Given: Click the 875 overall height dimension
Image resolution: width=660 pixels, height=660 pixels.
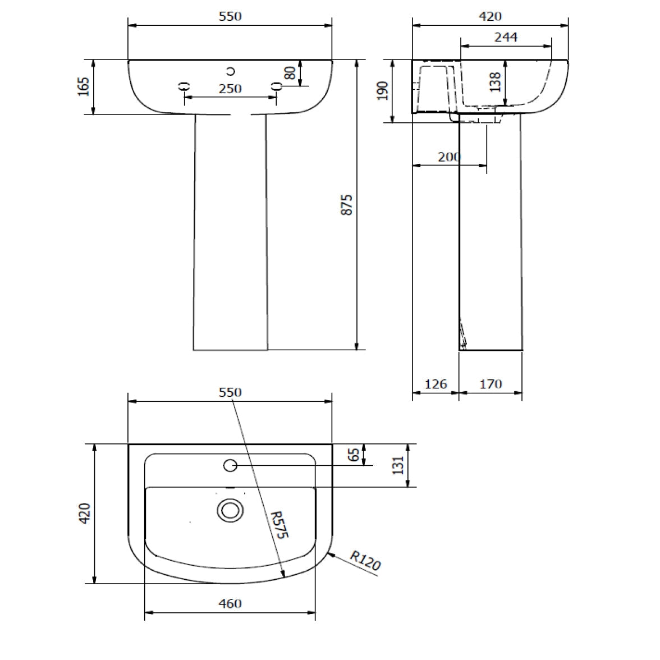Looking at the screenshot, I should pyautogui.click(x=347, y=205).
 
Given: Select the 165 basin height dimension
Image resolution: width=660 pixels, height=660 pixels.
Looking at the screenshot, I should pyautogui.click(x=84, y=87).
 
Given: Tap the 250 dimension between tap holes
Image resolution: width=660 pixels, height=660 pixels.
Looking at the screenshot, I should pyautogui.click(x=230, y=89).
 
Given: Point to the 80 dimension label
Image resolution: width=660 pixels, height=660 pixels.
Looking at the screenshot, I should pyautogui.click(x=290, y=73).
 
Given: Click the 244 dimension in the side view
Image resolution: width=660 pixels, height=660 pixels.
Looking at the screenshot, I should pyautogui.click(x=506, y=37).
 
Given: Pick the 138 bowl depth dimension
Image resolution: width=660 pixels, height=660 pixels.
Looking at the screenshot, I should pyautogui.click(x=495, y=82).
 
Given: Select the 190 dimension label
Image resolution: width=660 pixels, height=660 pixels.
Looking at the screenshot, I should pyautogui.click(x=383, y=90).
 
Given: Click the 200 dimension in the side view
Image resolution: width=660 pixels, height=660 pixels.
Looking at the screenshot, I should pyautogui.click(x=448, y=157).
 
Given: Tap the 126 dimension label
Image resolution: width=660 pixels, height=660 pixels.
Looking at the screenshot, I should pyautogui.click(x=436, y=384).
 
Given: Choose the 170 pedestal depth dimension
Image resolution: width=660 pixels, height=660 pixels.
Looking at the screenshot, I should pyautogui.click(x=491, y=384).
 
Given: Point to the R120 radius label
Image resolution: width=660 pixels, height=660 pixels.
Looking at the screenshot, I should pyautogui.click(x=365, y=561).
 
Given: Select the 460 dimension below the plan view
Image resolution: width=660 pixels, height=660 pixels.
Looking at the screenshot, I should pyautogui.click(x=230, y=603).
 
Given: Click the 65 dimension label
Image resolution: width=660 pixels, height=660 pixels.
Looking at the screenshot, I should pyautogui.click(x=354, y=455).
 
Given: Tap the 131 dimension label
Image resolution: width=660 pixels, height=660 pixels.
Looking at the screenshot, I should pyautogui.click(x=398, y=465).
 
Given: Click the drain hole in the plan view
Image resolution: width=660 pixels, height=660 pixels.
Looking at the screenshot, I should pyautogui.click(x=230, y=510).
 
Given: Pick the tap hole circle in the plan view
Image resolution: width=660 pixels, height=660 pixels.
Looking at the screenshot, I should pyautogui.click(x=230, y=465).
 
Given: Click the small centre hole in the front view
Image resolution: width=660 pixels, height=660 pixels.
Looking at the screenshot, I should pyautogui.click(x=230, y=71).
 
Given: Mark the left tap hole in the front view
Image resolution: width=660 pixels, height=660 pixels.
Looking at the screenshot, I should pyautogui.click(x=184, y=86).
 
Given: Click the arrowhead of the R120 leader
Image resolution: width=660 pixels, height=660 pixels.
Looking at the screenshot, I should pyautogui.click(x=329, y=554).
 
